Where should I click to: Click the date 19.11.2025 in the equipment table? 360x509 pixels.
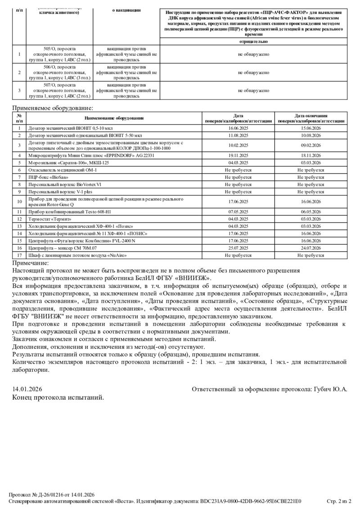(238, 155)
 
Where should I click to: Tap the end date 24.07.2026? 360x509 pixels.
(310, 248)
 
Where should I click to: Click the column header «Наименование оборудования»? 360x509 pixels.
(114, 118)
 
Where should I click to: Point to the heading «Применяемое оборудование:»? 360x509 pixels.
(53, 108)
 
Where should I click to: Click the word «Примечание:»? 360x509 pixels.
(31, 263)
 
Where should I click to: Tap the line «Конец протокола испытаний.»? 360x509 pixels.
(58, 397)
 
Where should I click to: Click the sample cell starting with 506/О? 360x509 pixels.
(59, 72)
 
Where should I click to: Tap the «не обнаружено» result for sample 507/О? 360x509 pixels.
(253, 90)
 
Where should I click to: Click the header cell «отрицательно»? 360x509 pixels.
(253, 41)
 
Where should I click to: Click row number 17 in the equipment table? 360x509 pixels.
(19, 255)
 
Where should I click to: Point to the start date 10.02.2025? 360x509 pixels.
(238, 145)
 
